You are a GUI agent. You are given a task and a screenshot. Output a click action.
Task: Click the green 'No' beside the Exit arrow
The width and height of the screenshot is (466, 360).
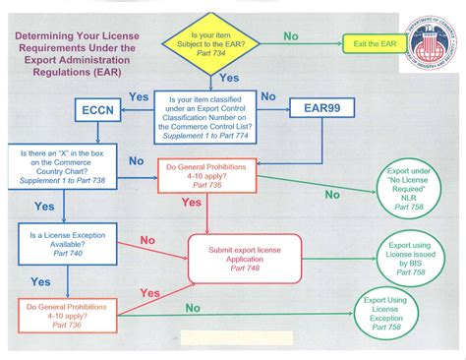click(291, 35)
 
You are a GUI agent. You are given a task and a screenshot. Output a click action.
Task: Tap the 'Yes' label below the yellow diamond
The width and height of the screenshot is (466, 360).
click(229, 78)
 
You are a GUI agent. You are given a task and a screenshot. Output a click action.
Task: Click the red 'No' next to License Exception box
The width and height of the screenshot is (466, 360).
click(146, 240)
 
